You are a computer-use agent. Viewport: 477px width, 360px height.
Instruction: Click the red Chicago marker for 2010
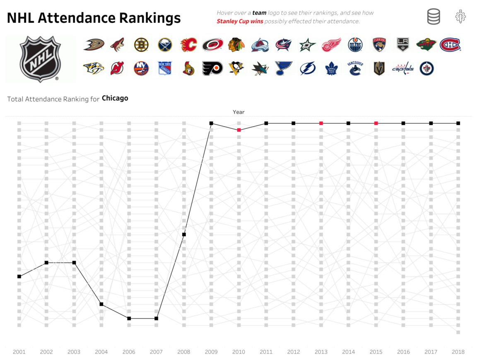click(x=238, y=130)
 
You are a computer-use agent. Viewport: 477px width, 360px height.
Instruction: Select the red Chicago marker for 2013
click(x=321, y=123)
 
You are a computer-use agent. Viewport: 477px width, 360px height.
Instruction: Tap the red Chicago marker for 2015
click(x=376, y=123)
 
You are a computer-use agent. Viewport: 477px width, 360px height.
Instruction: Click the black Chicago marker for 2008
click(x=184, y=234)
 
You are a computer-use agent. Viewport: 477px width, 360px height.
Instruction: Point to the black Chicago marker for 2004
click(x=101, y=304)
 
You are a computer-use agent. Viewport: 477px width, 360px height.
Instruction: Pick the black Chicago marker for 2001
click(x=19, y=276)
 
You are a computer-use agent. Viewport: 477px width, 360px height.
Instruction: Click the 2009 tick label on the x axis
click(x=211, y=352)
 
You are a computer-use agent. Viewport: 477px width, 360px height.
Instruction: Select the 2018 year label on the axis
click(x=458, y=352)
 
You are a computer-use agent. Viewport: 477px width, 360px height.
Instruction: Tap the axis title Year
click(x=238, y=112)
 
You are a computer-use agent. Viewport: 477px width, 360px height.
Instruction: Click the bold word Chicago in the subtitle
click(x=115, y=99)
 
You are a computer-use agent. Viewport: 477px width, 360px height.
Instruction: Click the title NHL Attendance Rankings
click(x=94, y=18)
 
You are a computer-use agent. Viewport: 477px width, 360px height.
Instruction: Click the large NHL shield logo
click(x=41, y=58)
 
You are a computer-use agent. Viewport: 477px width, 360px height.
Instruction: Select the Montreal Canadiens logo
click(x=450, y=45)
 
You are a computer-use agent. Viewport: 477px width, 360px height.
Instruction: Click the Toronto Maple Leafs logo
click(x=331, y=68)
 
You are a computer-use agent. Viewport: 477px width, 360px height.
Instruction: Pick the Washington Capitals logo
click(x=403, y=68)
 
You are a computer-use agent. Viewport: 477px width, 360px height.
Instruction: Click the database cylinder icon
click(x=434, y=17)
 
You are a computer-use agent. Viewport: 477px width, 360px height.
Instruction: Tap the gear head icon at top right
click(x=460, y=17)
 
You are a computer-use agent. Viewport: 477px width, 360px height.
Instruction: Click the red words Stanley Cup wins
click(x=240, y=22)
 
